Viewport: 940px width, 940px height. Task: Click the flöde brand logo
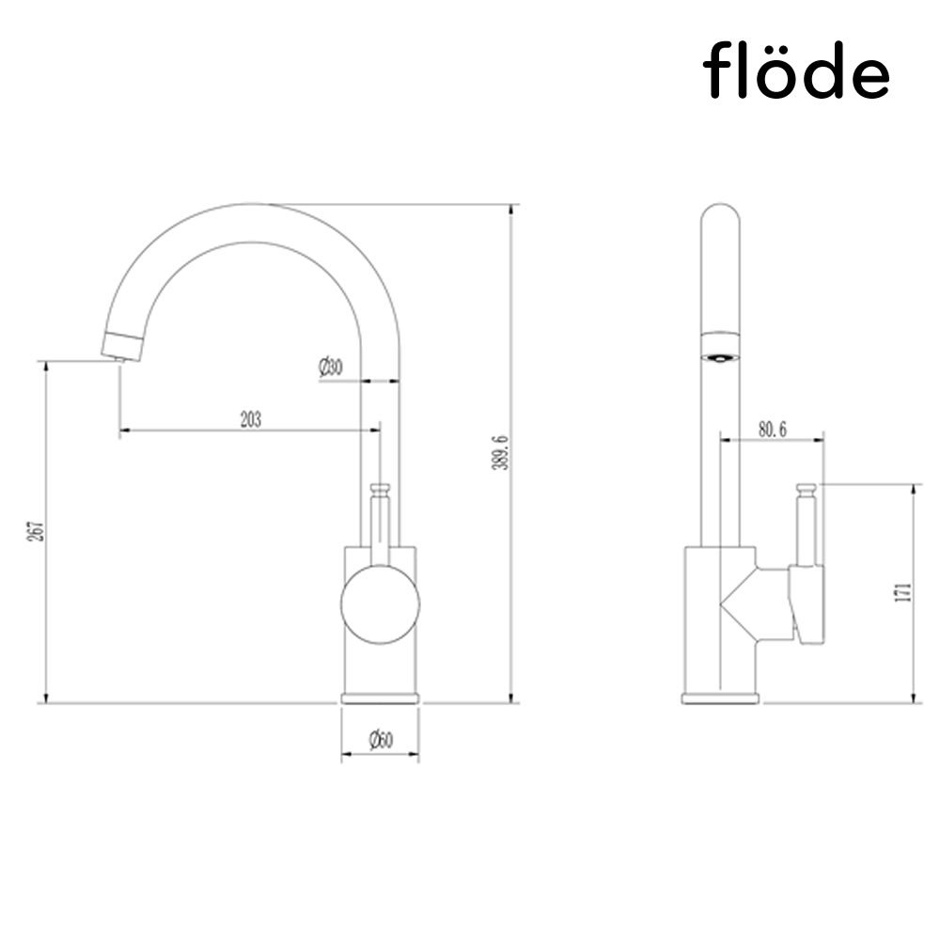pyautogui.click(x=796, y=70)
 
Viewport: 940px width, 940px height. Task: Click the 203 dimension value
pyautogui.click(x=250, y=419)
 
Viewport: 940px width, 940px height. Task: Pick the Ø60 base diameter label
pyautogui.click(x=380, y=741)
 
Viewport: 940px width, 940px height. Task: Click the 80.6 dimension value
pyautogui.click(x=772, y=429)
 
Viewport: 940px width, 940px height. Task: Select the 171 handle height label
pyautogui.click(x=903, y=593)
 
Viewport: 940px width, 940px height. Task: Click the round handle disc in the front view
pyautogui.click(x=380, y=605)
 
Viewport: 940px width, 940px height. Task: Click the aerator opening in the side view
pyautogui.click(x=721, y=356)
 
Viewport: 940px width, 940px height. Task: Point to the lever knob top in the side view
pyautogui.click(x=807, y=489)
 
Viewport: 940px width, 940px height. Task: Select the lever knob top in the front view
pyautogui.click(x=380, y=489)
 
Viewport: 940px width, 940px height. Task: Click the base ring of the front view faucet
pyautogui.click(x=380, y=698)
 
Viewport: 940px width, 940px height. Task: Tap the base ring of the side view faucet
pyautogui.click(x=720, y=698)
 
